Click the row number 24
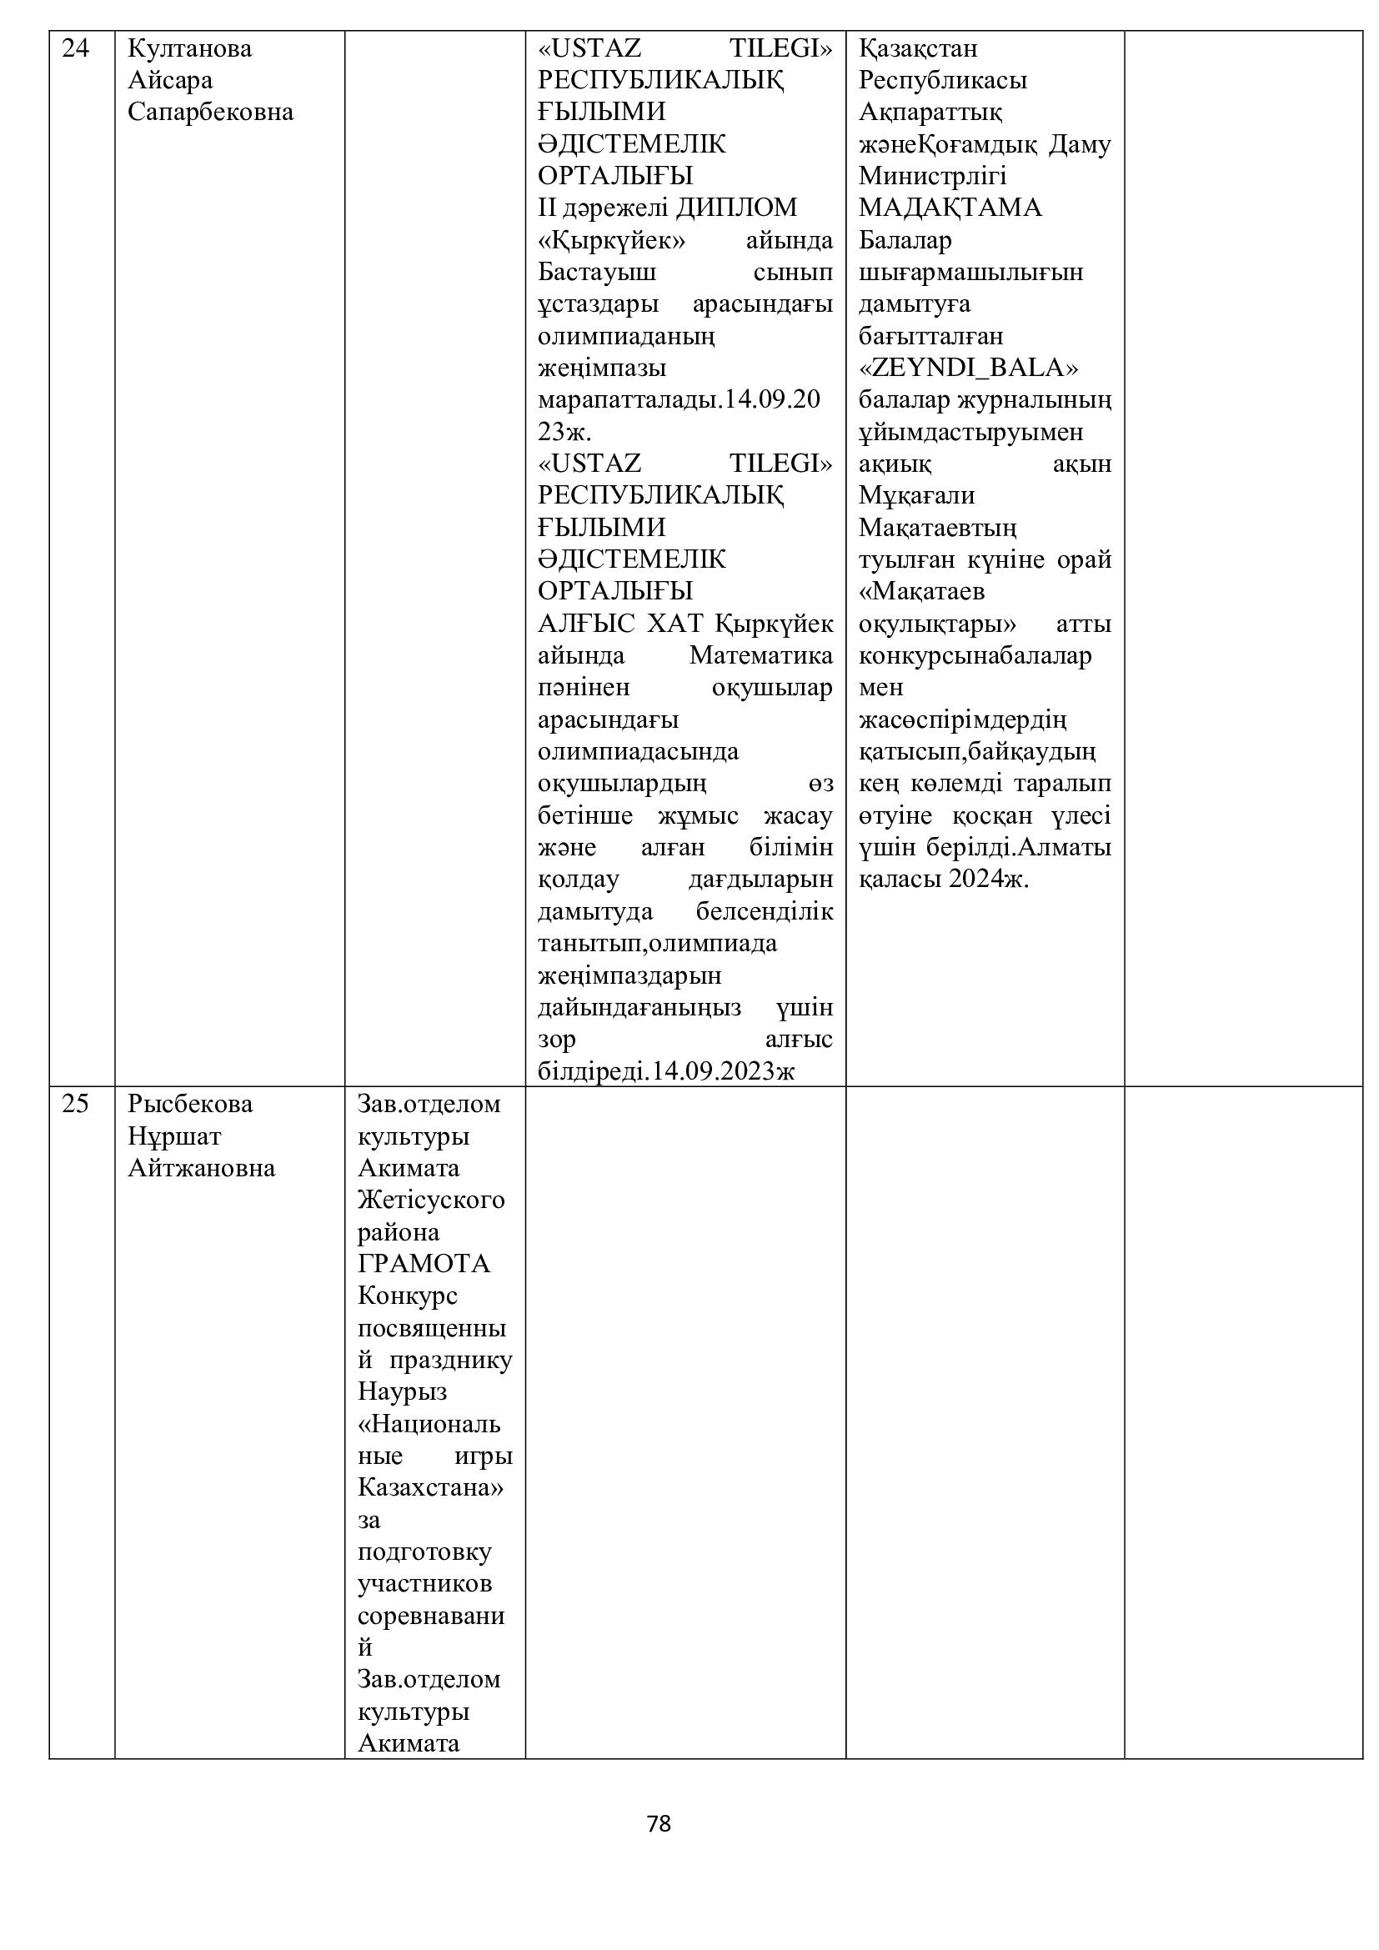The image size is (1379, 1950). click(x=76, y=49)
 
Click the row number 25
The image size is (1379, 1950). click(x=76, y=1104)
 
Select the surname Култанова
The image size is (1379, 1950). click(x=189, y=49)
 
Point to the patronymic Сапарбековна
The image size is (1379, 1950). click(x=211, y=112)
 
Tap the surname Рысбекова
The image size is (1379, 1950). click(x=190, y=1104)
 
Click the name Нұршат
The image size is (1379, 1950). click(x=174, y=1136)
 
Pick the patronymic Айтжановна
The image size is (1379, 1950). click(x=201, y=1169)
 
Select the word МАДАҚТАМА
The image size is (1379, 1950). click(x=950, y=208)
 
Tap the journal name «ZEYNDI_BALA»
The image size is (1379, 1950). click(x=969, y=368)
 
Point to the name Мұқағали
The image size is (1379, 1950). click(x=916, y=495)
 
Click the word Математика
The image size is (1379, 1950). click(x=761, y=655)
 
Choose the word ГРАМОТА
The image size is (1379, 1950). click(x=424, y=1264)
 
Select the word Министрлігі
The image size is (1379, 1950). click(x=932, y=176)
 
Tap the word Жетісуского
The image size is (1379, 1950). click(x=430, y=1200)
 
